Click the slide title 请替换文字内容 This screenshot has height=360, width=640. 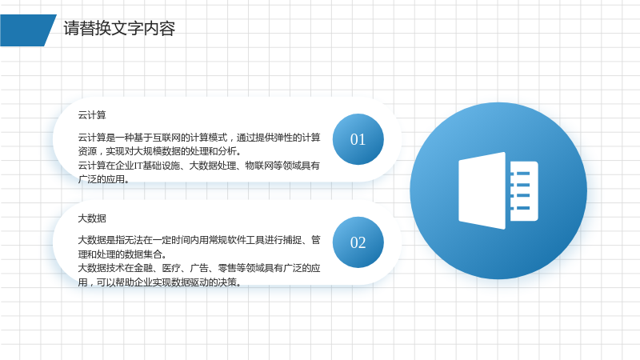coord(119,29)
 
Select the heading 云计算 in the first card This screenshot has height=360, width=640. coord(92,115)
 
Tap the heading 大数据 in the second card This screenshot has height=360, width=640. coord(92,218)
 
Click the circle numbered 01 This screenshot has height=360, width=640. coord(358,139)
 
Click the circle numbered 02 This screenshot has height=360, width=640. coord(358,242)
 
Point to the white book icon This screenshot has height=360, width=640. coord(498,190)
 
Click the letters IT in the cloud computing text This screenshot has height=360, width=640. coord(138,166)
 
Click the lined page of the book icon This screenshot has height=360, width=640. coord(524,191)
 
